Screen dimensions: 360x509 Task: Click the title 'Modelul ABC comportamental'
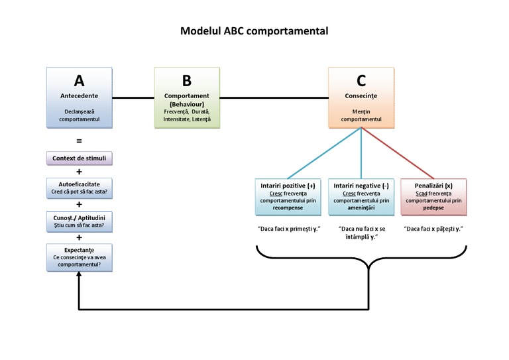coord(254,31)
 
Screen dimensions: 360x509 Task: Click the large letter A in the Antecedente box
coord(79,81)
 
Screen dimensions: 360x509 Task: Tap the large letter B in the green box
coord(186,81)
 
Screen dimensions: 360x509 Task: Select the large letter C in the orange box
coord(361,81)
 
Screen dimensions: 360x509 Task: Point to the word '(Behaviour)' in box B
coord(186,105)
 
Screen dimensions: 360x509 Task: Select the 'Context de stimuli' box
coord(79,158)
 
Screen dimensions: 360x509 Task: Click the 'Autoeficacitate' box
coord(79,187)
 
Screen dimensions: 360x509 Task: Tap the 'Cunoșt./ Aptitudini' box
coord(79,220)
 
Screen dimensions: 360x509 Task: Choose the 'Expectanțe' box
coord(79,257)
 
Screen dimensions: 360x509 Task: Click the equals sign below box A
coord(79,141)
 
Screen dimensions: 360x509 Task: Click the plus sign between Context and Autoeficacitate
coord(79,171)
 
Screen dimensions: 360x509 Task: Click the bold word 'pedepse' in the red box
coord(433,207)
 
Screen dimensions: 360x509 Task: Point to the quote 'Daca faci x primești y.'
coord(288,228)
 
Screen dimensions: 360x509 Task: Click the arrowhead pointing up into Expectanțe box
coord(79,276)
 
